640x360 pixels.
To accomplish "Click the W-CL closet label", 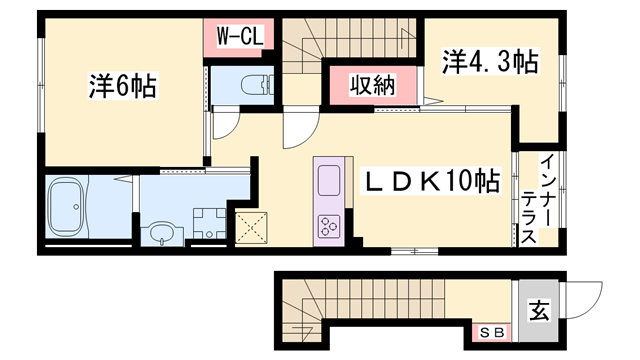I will pos(240,37).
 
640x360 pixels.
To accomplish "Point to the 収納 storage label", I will pos(371,86).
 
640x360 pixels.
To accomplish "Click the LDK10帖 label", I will pos(431,183).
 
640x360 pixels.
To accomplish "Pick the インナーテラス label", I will pos(549,199).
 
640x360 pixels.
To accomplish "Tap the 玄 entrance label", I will pos(539,311).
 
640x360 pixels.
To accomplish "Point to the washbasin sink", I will pos(160,233).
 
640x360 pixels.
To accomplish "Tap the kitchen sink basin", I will pos(330,182).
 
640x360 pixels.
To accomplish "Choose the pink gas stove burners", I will pos(329,224).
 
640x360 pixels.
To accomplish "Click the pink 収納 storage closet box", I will pos(371,86).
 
